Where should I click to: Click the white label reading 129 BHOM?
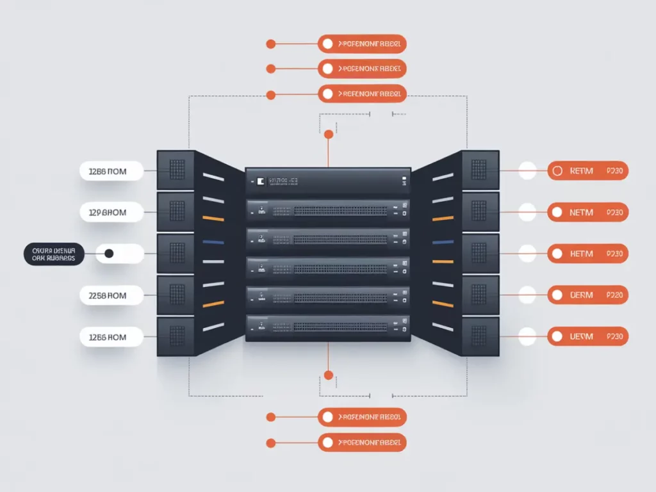(x=111, y=212)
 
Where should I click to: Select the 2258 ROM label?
(x=111, y=295)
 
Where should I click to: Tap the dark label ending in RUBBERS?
(x=54, y=254)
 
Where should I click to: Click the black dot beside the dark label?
(x=109, y=254)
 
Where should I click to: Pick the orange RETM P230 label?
(x=588, y=171)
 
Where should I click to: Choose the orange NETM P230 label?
(x=588, y=212)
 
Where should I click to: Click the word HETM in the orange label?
(x=581, y=254)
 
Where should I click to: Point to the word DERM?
(x=581, y=295)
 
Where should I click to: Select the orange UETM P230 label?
(x=588, y=336)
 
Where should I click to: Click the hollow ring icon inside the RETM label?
(x=557, y=171)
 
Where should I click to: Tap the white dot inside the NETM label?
(x=557, y=212)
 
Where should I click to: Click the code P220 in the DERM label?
(x=614, y=295)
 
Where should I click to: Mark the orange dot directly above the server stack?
(x=329, y=135)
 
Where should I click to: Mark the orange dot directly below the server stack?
(x=329, y=375)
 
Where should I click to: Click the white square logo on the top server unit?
(x=260, y=182)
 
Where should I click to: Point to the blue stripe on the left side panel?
(x=213, y=242)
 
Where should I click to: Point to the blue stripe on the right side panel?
(x=443, y=242)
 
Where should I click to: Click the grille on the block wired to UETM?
(x=479, y=335)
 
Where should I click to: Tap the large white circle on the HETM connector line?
(x=527, y=254)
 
